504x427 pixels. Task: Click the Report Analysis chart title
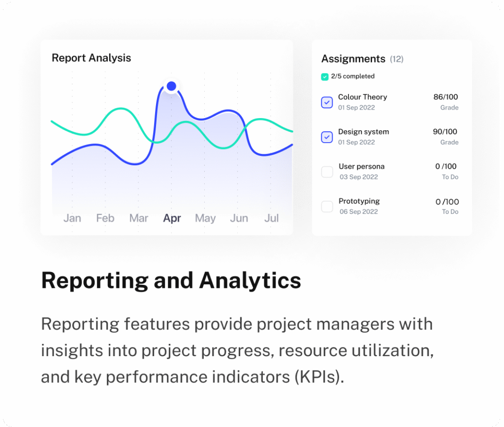(91, 58)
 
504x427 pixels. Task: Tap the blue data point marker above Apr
(171, 87)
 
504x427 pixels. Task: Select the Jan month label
(72, 218)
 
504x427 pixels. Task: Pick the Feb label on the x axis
(105, 218)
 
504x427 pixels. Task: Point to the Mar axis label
(138, 218)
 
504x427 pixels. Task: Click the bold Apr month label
(172, 218)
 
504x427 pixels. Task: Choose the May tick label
(205, 218)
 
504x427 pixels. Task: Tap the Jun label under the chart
(239, 218)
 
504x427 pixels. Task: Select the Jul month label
(271, 218)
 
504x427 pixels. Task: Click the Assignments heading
(353, 59)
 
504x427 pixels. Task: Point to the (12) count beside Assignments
(397, 60)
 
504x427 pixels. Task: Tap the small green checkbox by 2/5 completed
(324, 77)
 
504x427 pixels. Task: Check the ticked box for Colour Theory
(327, 102)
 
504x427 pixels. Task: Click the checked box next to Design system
(327, 137)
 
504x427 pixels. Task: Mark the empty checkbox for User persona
(327, 172)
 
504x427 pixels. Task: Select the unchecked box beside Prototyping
(327, 207)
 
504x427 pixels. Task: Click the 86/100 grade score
(445, 97)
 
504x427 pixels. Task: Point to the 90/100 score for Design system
(445, 132)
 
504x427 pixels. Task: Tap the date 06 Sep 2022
(359, 212)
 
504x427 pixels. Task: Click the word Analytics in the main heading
(250, 281)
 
